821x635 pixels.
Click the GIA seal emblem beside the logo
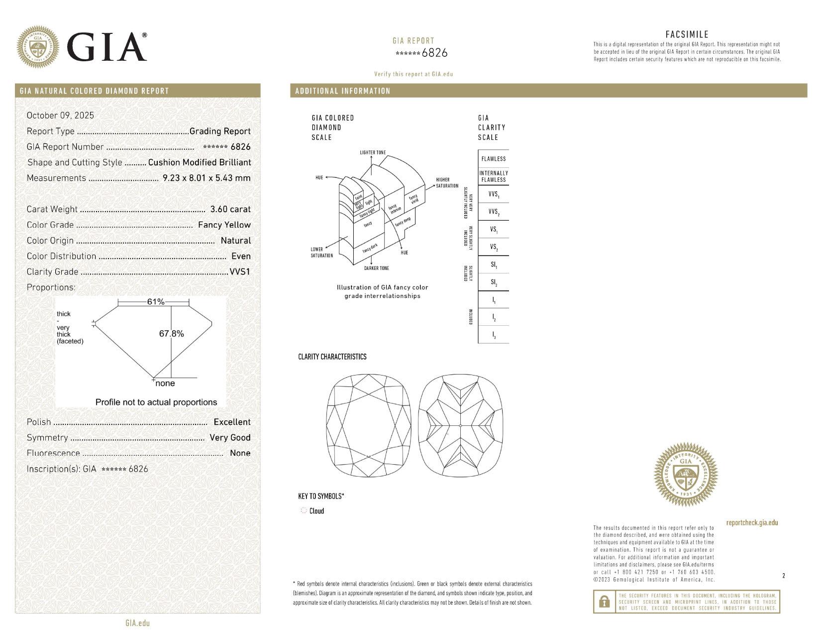(x=37, y=47)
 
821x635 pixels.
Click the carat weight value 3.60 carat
(x=230, y=209)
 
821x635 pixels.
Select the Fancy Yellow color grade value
(x=224, y=225)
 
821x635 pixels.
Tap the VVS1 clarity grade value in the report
(x=240, y=271)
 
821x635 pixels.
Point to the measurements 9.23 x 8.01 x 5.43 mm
(x=206, y=178)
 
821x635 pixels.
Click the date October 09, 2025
(x=60, y=115)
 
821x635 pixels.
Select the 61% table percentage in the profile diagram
(x=155, y=302)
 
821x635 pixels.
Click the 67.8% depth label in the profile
(x=171, y=334)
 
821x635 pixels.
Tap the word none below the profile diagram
(x=165, y=383)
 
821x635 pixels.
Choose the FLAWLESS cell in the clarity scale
(x=493, y=159)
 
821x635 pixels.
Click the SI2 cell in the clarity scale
(x=493, y=282)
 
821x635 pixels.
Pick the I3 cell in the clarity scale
(x=493, y=335)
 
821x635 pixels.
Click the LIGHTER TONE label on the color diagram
(x=373, y=152)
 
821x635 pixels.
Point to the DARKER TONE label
(x=376, y=268)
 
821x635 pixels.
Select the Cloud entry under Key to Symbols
(x=316, y=511)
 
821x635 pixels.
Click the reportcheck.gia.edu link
(x=752, y=522)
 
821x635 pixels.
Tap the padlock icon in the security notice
(x=605, y=602)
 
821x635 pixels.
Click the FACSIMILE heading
(x=687, y=34)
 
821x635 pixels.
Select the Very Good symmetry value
(x=230, y=437)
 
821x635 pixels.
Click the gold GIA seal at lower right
(x=686, y=475)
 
